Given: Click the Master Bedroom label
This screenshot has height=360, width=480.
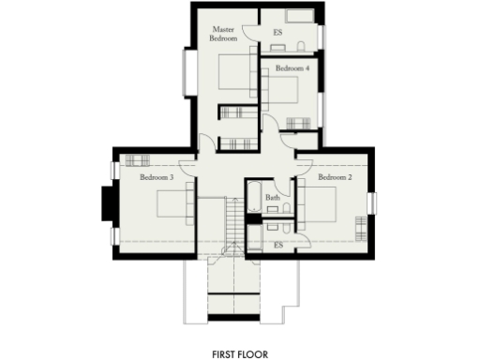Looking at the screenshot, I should pyautogui.click(x=224, y=36).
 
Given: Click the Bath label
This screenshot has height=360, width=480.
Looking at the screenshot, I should pyautogui.click(x=272, y=198).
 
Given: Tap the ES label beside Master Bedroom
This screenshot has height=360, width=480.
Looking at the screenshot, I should pyautogui.click(x=277, y=32).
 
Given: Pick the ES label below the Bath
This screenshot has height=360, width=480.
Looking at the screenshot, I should pyautogui.click(x=277, y=245).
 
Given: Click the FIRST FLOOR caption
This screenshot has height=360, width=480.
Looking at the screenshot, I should pyautogui.click(x=240, y=354).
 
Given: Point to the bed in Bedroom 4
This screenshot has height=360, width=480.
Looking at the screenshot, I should pyautogui.click(x=281, y=91).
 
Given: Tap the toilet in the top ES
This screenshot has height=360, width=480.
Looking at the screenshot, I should pyautogui.click(x=299, y=45).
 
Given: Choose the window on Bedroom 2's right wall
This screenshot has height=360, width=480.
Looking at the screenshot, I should pyautogui.click(x=372, y=203).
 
